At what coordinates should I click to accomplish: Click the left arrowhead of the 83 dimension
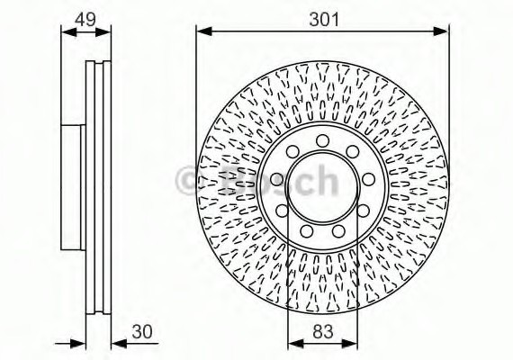tap(291, 343)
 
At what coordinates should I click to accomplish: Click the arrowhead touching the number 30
tap(117, 343)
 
